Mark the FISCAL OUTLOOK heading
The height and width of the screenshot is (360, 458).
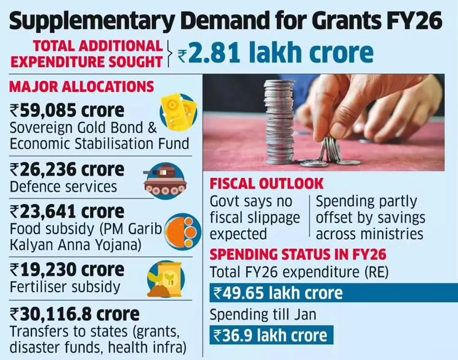coord(266,184)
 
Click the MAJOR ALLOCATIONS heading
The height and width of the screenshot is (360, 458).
coord(81,87)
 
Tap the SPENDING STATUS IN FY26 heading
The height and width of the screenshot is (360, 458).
coord(298,254)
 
